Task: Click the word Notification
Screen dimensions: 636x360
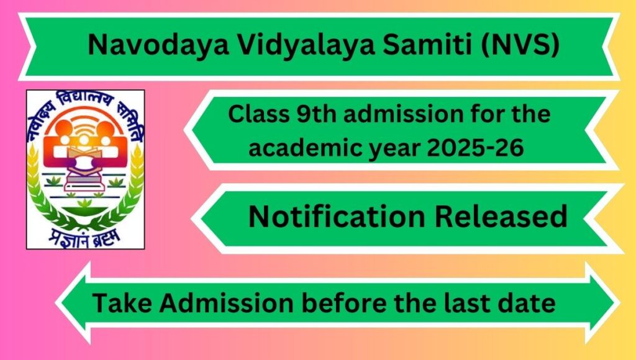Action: pyautogui.click(x=337, y=216)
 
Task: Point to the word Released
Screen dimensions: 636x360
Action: pyautogui.click(x=501, y=216)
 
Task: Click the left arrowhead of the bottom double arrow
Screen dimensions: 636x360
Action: pyautogui.click(x=73, y=303)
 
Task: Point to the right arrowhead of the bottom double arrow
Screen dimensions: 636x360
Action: pyautogui.click(x=602, y=303)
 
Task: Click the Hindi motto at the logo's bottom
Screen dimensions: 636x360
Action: pyautogui.click(x=84, y=237)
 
